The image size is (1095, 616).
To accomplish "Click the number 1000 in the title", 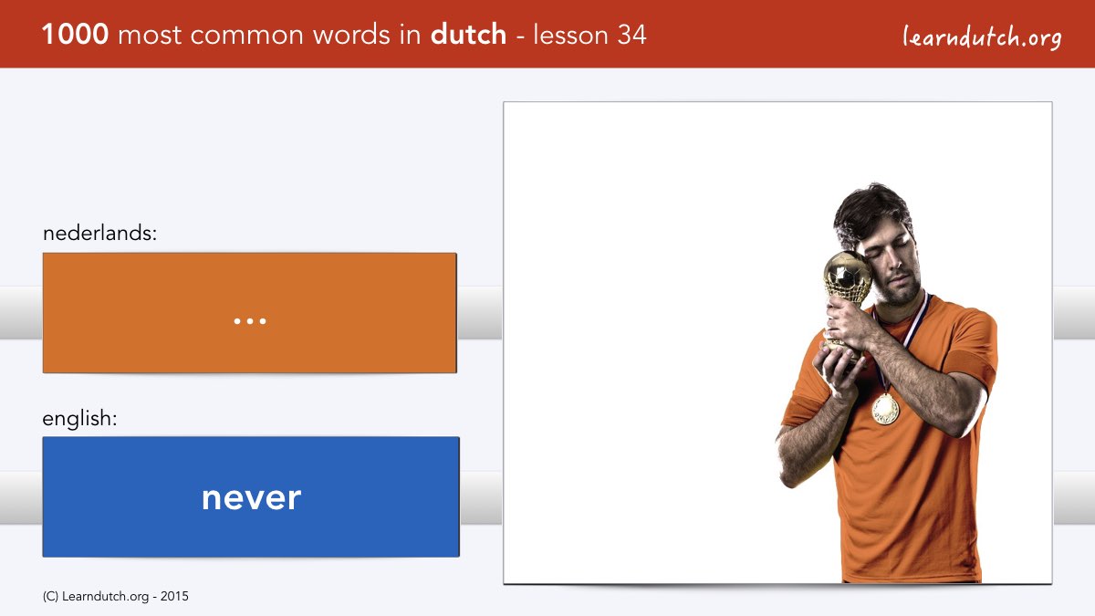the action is click(75, 35).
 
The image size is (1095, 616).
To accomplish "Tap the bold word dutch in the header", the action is click(468, 35).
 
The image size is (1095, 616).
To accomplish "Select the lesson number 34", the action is click(631, 35).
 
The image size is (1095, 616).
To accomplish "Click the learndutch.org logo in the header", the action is click(982, 37).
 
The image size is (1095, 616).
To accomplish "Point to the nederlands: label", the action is click(99, 233).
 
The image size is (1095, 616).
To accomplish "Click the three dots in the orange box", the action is click(250, 321).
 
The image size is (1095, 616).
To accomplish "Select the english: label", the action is click(79, 419).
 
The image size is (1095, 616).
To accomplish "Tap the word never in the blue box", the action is click(251, 498).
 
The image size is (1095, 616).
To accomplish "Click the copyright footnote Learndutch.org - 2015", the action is click(115, 597).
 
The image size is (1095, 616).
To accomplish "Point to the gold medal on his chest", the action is click(885, 409).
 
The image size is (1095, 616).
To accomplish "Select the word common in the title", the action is click(247, 36).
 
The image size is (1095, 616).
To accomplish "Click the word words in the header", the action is click(352, 36).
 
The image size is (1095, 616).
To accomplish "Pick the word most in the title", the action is click(150, 36).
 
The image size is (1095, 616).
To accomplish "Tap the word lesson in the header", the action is click(571, 35).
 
